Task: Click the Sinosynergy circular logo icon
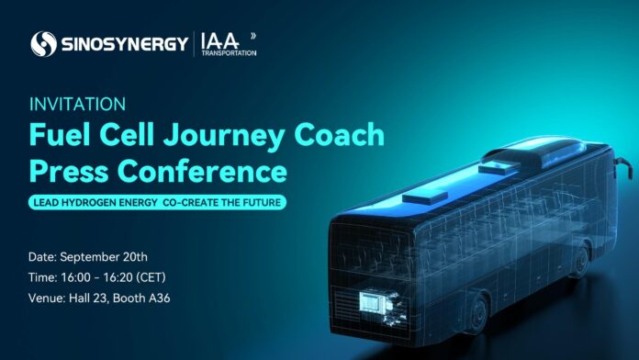click(43, 42)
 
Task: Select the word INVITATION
click(78, 104)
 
